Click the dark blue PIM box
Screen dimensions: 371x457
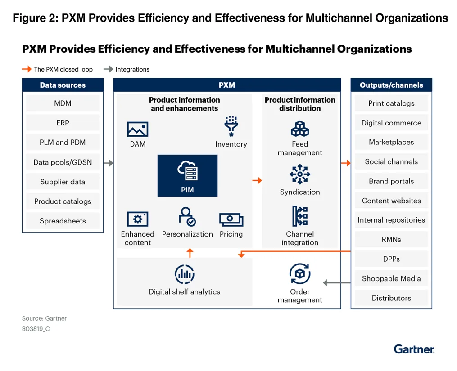tap(187, 175)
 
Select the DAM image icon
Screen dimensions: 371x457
tap(138, 129)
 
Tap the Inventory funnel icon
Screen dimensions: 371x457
tap(231, 127)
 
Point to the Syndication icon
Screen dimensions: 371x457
tap(300, 174)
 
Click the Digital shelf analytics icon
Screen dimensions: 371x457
tap(185, 274)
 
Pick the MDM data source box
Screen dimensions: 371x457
tap(63, 103)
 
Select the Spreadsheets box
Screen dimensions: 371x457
tap(63, 221)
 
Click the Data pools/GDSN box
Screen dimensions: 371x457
tap(63, 162)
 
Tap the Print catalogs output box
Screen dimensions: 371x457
tap(391, 103)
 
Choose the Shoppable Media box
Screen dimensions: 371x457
tap(391, 279)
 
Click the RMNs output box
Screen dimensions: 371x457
tap(391, 240)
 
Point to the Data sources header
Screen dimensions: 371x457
tap(63, 85)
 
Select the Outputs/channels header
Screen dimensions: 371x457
tap(391, 85)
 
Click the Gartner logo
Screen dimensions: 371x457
tap(414, 349)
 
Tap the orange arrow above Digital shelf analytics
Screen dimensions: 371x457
tap(190, 252)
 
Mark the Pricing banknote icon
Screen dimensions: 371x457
tap(231, 219)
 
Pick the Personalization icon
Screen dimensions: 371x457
tap(187, 217)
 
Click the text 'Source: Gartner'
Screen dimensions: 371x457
tap(44, 318)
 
